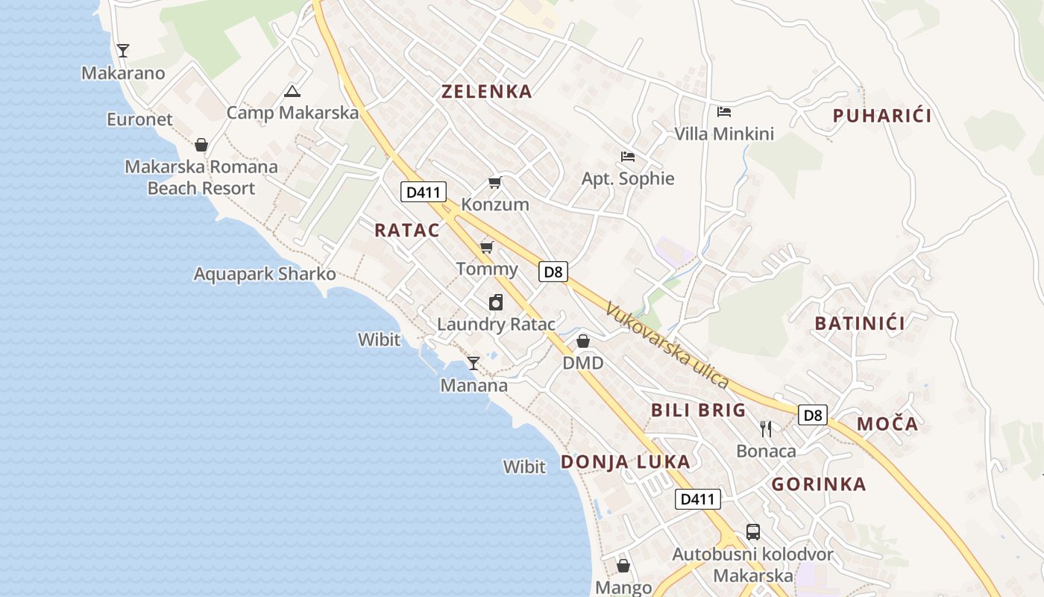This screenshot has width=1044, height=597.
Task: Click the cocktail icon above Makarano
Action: coord(123,51)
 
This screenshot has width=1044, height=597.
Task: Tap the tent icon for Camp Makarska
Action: coord(292,91)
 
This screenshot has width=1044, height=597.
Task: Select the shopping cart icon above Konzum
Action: coord(494,183)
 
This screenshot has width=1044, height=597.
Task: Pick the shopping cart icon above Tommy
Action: coord(487,247)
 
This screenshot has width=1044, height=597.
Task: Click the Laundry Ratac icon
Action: coord(496,302)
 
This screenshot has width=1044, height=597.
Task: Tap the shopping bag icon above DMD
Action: coord(583,341)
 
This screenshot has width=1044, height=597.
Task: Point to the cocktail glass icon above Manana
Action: coord(474,363)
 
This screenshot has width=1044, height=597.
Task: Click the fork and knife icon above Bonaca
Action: coord(766,429)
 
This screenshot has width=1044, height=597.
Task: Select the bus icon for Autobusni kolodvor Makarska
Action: coord(753,532)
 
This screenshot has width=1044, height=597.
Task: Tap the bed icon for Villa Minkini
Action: coord(723,112)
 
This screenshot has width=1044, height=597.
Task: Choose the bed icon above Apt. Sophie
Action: coord(628,157)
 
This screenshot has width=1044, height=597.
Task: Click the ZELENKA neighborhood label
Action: coord(487,92)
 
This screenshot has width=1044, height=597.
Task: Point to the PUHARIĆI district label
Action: coord(882,116)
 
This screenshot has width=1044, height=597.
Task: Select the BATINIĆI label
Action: coord(860,323)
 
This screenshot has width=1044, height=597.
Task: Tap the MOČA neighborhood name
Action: coord(887,424)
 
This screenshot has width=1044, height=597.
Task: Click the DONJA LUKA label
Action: coord(625,462)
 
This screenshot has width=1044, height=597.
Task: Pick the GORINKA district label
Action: coord(819,484)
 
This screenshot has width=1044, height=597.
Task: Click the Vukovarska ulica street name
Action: coord(667,346)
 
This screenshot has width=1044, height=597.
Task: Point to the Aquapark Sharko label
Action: coord(265,274)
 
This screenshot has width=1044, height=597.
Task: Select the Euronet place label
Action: coord(139,119)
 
